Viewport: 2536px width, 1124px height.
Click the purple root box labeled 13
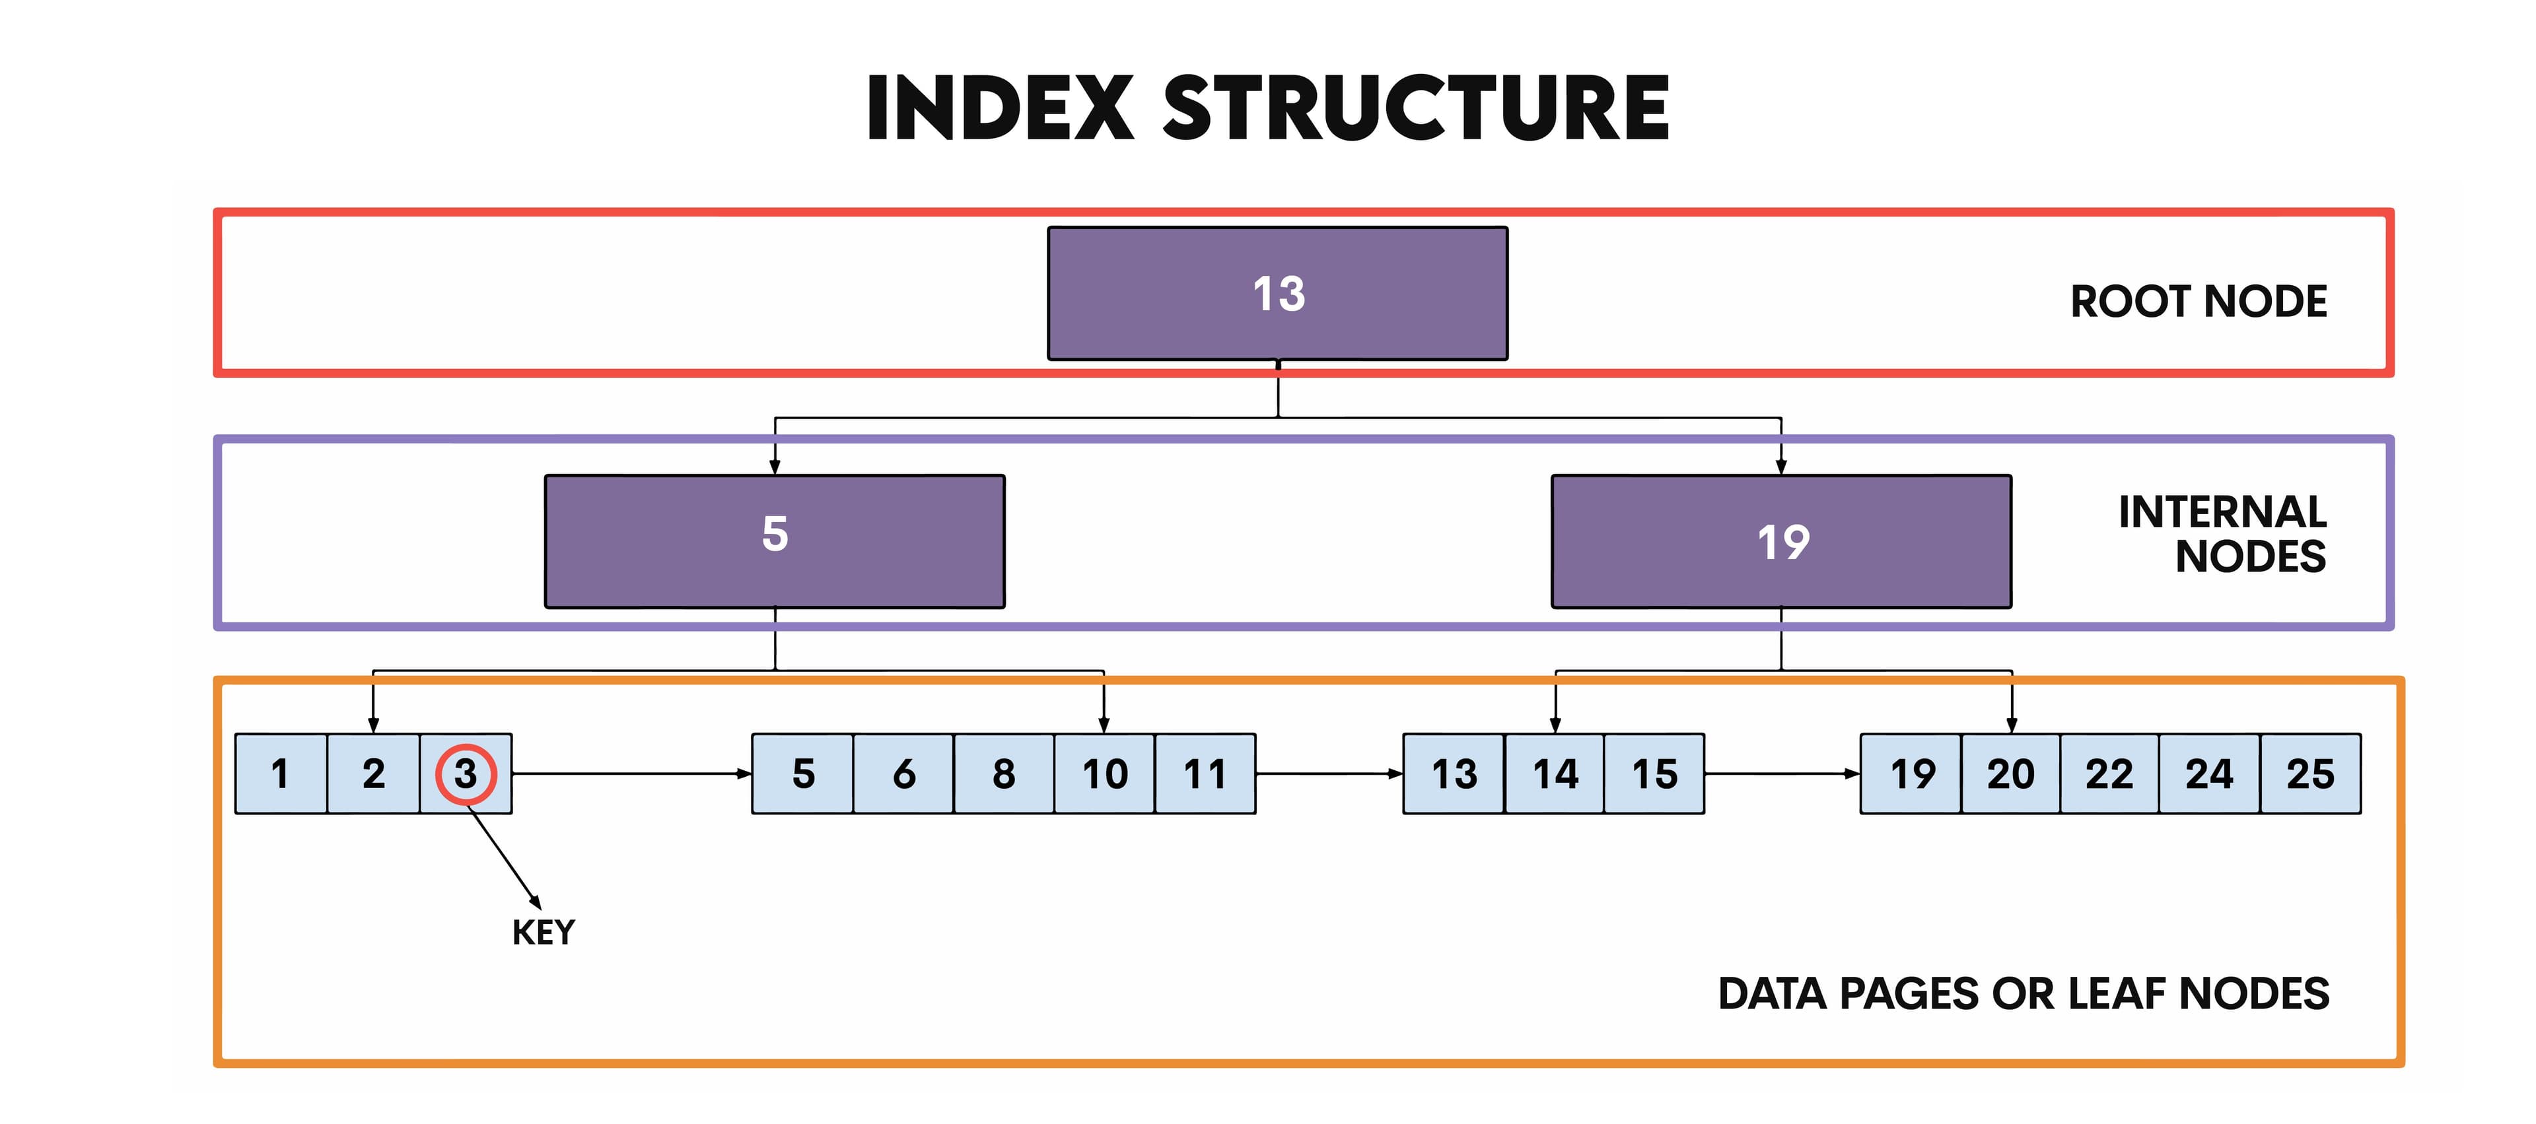point(1277,293)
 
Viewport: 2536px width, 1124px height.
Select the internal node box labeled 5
point(775,541)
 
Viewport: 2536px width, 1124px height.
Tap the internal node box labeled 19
point(1781,541)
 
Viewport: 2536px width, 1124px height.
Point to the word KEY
point(544,932)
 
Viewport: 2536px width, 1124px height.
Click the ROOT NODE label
point(2199,301)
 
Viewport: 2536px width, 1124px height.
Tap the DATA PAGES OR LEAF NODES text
point(2023,994)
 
